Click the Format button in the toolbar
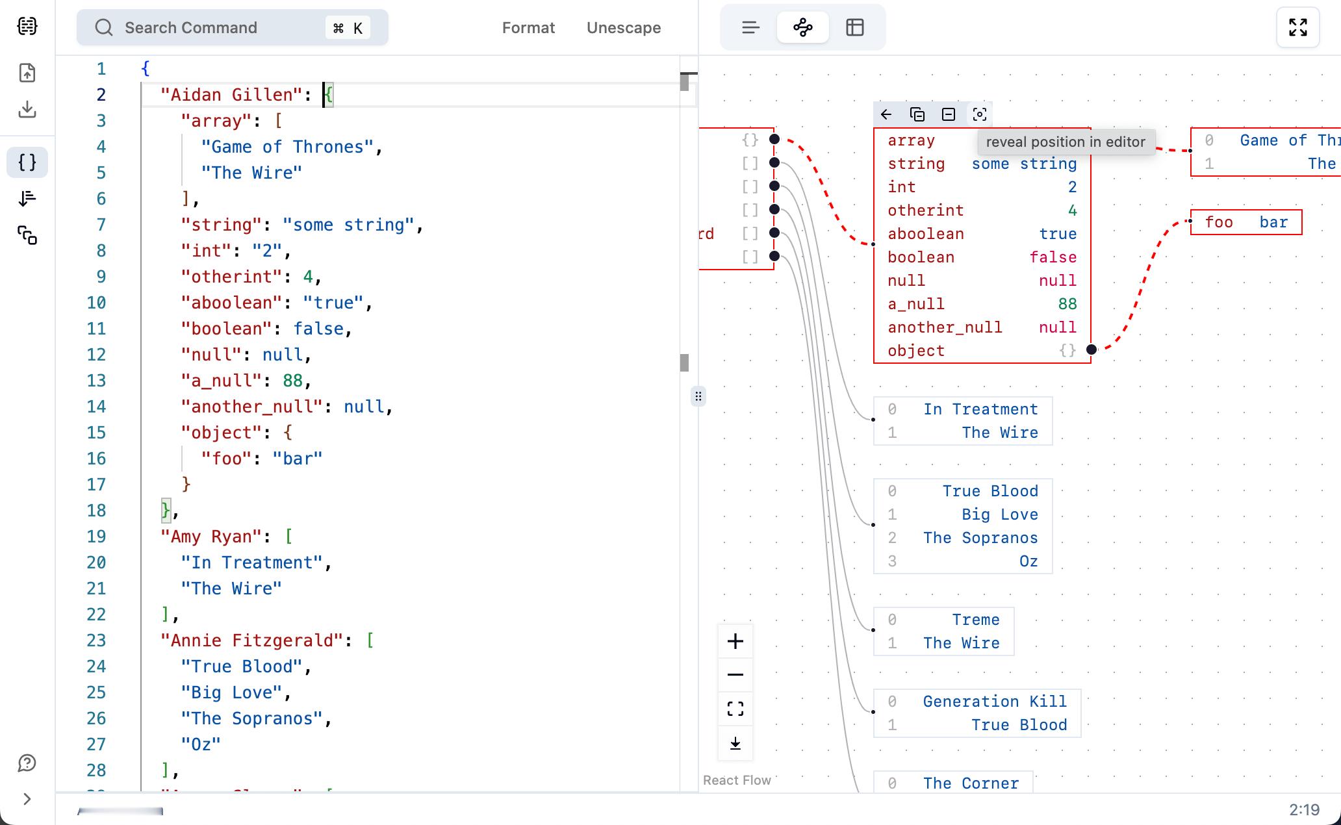point(528,28)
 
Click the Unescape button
point(624,28)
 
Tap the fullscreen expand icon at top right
point(1297,27)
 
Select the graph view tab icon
point(803,27)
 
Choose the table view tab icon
point(855,27)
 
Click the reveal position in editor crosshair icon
point(980,114)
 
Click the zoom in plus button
point(735,641)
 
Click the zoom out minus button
point(735,675)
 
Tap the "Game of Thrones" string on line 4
point(287,147)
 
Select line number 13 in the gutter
point(96,381)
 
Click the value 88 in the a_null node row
point(1067,304)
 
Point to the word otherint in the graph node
point(926,210)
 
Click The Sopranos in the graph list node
point(980,538)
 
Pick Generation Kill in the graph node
point(995,702)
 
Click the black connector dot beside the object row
point(1092,349)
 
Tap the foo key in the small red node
point(1219,222)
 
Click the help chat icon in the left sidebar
point(27,763)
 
